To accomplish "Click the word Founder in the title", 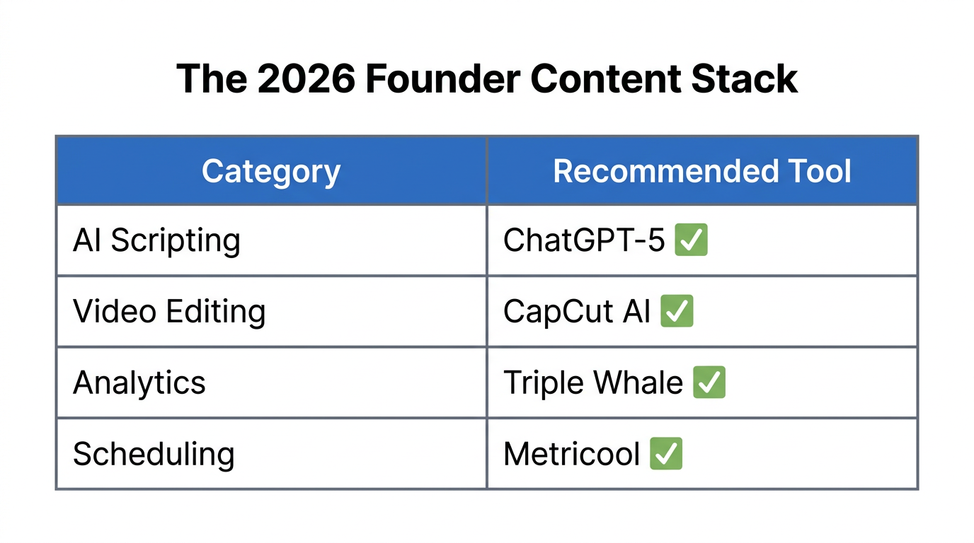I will click(x=440, y=78).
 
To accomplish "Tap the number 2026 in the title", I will click(x=306, y=78).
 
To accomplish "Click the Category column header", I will click(x=271, y=172).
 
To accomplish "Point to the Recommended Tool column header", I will click(x=701, y=172).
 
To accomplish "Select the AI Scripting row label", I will click(x=156, y=241).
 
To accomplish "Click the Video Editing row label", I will click(x=169, y=312).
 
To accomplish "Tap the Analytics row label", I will click(x=139, y=383).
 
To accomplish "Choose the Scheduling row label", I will click(x=154, y=454).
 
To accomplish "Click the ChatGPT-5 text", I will click(x=584, y=241).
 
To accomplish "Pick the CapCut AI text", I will click(x=576, y=312).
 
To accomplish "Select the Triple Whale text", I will click(x=592, y=383).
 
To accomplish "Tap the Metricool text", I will click(x=571, y=454).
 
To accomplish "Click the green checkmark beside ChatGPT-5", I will click(x=691, y=240).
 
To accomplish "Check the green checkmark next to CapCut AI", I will click(x=677, y=311).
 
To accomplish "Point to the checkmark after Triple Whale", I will click(x=709, y=382).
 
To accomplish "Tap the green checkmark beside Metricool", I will click(x=665, y=453).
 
